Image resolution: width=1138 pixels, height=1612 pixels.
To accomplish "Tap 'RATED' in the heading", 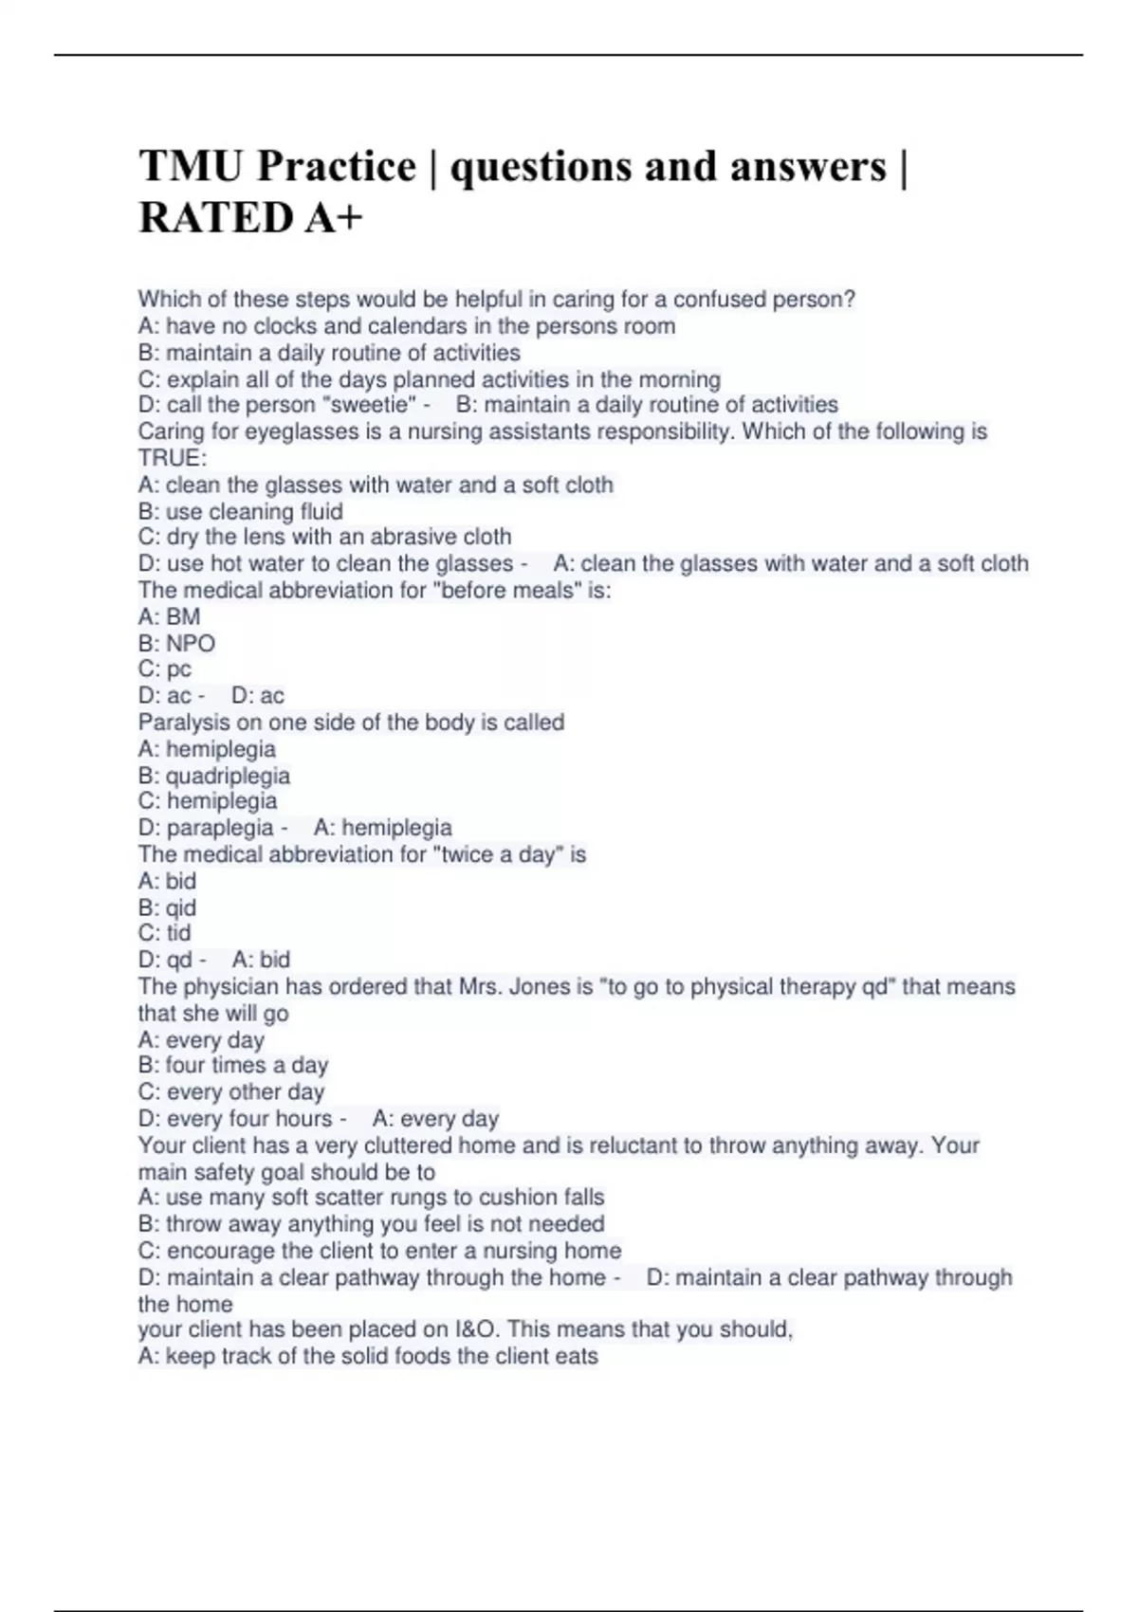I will (x=216, y=218).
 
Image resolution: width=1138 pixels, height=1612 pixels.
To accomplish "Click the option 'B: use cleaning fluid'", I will (x=241, y=511).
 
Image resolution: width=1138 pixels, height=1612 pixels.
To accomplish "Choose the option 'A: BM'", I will (x=169, y=616).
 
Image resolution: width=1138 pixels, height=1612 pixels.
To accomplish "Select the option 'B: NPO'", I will (x=176, y=643).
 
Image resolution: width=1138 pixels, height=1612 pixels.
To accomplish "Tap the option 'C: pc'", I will (x=165, y=669).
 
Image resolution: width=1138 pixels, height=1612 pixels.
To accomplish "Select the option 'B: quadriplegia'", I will (x=214, y=776).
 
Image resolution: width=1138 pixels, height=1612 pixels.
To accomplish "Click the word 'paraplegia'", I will (x=220, y=828).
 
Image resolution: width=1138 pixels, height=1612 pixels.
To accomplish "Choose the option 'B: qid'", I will (x=167, y=907).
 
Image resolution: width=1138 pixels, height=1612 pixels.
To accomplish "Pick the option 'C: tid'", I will (x=165, y=933).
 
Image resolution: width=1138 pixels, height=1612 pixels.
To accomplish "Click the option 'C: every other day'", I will (x=231, y=1091).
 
